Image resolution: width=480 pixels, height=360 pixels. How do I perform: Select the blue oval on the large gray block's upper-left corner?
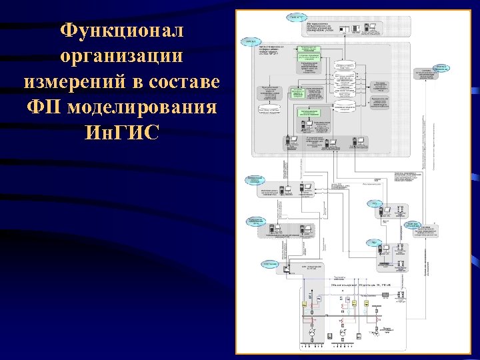(x=251, y=41)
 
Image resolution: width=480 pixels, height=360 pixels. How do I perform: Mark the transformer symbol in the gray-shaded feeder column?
(x=310, y=331)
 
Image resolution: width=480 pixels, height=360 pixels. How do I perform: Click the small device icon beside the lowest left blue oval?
(x=286, y=269)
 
